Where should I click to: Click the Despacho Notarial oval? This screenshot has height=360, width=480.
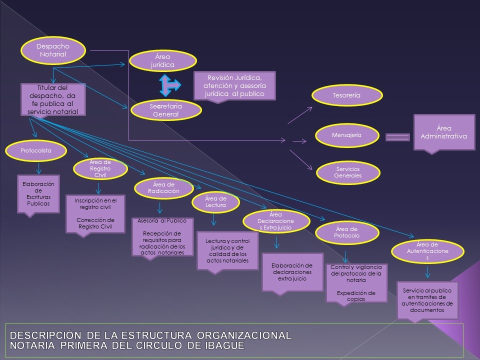tap(53, 51)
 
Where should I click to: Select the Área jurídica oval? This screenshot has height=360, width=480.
tap(162, 61)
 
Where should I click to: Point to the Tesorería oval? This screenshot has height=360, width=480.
tap(346, 95)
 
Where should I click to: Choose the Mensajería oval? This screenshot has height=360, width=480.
tap(346, 135)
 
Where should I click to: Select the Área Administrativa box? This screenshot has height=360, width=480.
tap(444, 132)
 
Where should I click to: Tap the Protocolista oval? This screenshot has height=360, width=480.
tap(36, 150)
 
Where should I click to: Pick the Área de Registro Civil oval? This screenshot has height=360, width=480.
tap(100, 169)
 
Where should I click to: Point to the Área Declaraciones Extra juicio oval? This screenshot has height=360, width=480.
tap(274, 221)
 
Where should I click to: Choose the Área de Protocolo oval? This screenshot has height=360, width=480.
tap(346, 232)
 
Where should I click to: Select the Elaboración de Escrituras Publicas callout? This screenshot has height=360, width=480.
tap(38, 193)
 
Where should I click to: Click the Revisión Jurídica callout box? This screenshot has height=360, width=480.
tap(235, 86)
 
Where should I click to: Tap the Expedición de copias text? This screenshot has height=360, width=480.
tap(356, 296)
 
